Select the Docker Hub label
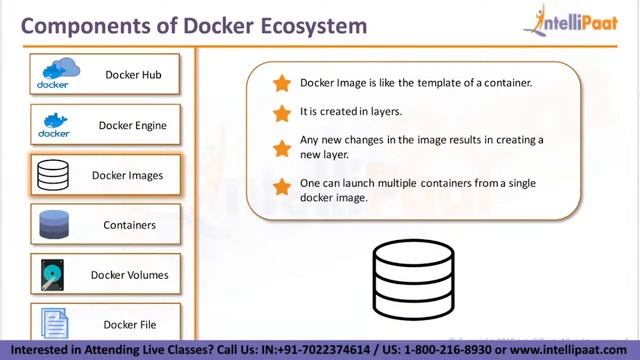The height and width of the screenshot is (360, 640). [x=133, y=74]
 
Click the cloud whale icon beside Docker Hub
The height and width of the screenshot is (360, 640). [x=58, y=74]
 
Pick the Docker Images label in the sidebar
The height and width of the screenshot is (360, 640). [x=127, y=175]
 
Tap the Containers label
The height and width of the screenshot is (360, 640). [x=130, y=225]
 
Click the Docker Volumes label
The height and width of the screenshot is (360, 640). [x=129, y=274]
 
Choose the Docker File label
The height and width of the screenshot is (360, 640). [x=129, y=324]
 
